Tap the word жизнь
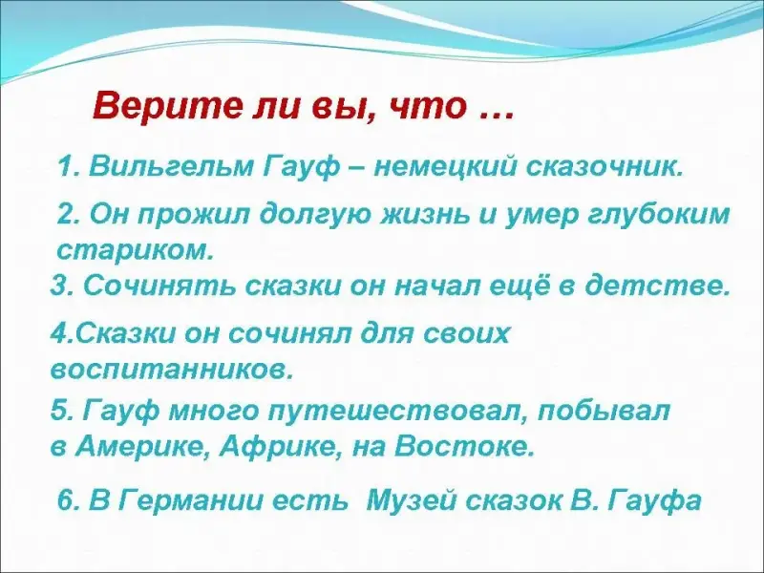pos(428,215)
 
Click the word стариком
pos(136,251)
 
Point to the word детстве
pos(657,286)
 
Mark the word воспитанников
pos(173,370)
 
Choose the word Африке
pos(280,446)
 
